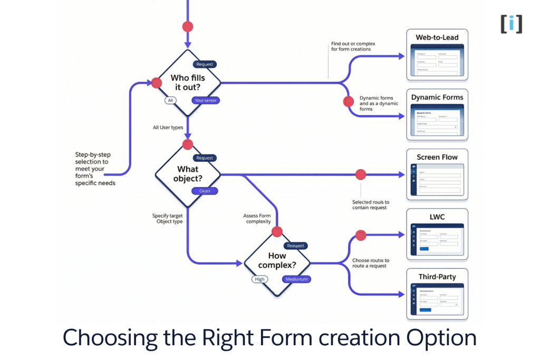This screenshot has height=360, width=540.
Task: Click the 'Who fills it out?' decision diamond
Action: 188,83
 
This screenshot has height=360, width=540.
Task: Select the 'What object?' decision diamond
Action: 187,174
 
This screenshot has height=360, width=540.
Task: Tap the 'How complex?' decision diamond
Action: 277,262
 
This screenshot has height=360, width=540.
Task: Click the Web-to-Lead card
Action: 437,55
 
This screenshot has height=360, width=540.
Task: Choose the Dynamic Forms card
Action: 437,114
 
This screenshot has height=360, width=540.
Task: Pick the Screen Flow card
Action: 437,174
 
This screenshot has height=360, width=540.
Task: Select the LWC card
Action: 437,235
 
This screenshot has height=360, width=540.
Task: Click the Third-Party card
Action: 437,294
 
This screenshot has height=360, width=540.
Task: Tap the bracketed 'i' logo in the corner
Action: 511,24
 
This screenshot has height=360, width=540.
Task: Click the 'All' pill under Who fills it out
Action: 170,100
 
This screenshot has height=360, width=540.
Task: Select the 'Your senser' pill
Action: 205,100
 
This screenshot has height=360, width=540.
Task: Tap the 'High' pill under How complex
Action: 259,279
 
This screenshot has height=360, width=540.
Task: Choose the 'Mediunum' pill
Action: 296,279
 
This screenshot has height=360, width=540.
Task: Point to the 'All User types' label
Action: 168,128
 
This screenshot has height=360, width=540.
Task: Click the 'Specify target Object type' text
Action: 168,219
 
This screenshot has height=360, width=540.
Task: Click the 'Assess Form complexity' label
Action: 257,219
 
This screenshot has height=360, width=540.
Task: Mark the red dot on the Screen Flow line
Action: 361,174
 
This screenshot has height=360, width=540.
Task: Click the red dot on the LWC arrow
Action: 361,235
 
